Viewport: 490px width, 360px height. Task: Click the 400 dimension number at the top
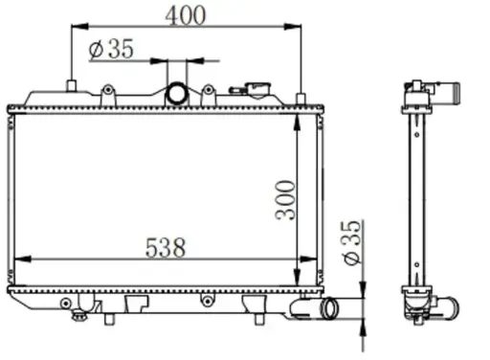(186, 15)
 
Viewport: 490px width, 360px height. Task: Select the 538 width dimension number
(166, 247)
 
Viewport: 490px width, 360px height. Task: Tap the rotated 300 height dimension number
(286, 200)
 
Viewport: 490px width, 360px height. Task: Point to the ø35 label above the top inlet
(111, 50)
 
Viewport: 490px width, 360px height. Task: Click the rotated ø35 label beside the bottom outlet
(352, 242)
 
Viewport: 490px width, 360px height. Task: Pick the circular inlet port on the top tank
(176, 93)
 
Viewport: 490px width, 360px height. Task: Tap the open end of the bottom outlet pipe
(330, 308)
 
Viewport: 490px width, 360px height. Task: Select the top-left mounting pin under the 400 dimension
(72, 86)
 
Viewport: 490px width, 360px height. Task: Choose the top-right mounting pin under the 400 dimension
(301, 99)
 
